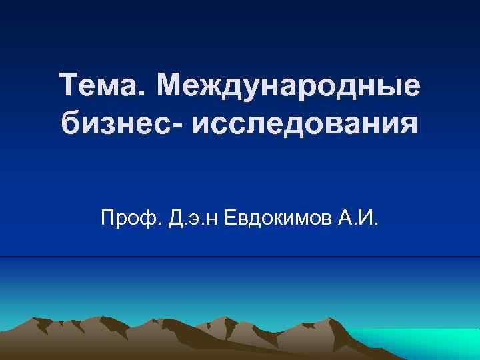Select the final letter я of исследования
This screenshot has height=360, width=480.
(x=409, y=126)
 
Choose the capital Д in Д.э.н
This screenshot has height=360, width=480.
(x=177, y=217)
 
